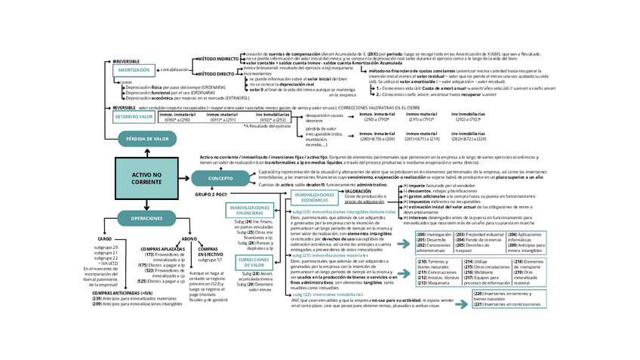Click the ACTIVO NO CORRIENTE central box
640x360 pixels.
141,179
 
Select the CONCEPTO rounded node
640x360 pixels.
220,178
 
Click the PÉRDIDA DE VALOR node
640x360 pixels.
147,139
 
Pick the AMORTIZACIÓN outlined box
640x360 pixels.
132,69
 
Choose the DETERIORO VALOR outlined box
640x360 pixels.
134,117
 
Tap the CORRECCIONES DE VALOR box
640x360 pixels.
254,263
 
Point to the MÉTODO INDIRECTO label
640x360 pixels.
217,58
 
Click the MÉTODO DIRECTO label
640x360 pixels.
215,74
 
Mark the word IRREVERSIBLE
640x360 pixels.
126,60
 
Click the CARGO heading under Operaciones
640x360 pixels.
104,238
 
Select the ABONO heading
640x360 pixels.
189,238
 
